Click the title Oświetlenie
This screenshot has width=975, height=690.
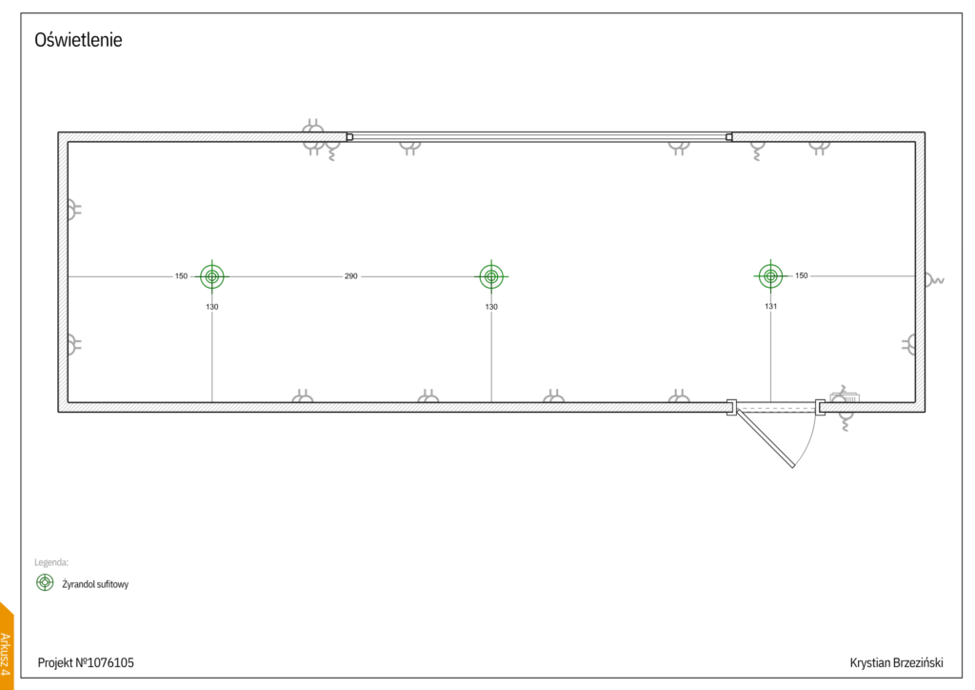pyautogui.click(x=78, y=41)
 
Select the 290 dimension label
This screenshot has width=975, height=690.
pyautogui.click(x=350, y=276)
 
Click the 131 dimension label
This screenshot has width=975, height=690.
pyautogui.click(x=770, y=307)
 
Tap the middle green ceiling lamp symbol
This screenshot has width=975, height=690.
pyautogui.click(x=491, y=276)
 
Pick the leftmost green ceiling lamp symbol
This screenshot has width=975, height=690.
pyautogui.click(x=212, y=276)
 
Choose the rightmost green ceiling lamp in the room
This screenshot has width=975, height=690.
pyautogui.click(x=769, y=276)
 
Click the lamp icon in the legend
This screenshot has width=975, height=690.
pyautogui.click(x=45, y=582)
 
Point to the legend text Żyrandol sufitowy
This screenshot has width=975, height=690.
pyautogui.click(x=95, y=584)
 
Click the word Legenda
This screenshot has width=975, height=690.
pyautogui.click(x=51, y=562)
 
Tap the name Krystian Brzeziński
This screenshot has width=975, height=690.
pyautogui.click(x=896, y=661)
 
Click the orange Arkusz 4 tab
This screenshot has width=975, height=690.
pyautogui.click(x=6, y=648)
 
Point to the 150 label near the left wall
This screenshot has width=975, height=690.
pyautogui.click(x=181, y=276)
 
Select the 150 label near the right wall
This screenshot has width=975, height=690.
pyautogui.click(x=801, y=276)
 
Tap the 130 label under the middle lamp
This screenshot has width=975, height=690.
pyautogui.click(x=491, y=307)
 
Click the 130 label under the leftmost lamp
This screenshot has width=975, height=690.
pyautogui.click(x=212, y=307)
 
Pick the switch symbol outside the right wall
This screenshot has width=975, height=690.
pyautogui.click(x=935, y=280)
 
